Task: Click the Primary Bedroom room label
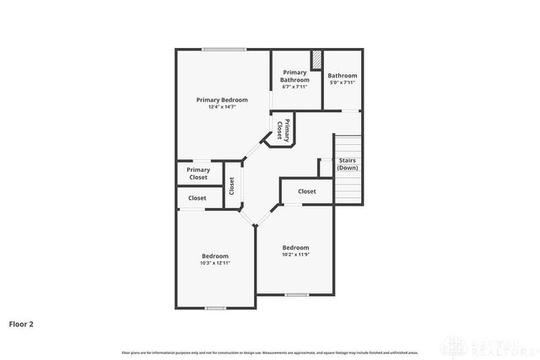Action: click(222, 99)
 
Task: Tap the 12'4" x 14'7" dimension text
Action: click(222, 107)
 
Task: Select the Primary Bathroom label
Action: click(294, 76)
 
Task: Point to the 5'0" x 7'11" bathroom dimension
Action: click(343, 83)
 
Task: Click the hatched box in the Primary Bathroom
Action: click(316, 61)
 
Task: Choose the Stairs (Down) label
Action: click(348, 164)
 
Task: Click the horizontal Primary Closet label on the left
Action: click(198, 174)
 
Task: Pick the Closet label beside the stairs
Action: click(307, 191)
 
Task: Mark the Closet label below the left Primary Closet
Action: click(197, 198)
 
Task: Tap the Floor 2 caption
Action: click(21, 323)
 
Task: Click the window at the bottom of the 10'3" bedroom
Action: click(215, 308)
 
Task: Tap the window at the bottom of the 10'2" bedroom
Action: click(295, 294)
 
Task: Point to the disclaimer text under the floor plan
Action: click(270, 351)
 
